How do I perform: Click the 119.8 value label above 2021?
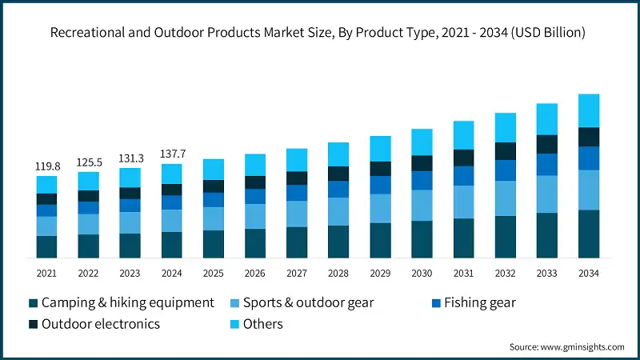tap(46, 166)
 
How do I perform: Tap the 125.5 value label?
tap(88, 162)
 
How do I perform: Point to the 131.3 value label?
tap(130, 158)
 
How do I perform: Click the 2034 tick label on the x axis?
tap(588, 273)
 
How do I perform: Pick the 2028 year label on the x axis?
tap(338, 273)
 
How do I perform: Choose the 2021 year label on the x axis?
tap(46, 273)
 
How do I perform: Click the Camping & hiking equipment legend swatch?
tap(33, 303)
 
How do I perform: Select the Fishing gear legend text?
tap(481, 302)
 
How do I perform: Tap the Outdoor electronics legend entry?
tap(100, 324)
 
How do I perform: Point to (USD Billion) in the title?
tap(545, 33)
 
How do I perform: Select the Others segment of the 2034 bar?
tap(589, 110)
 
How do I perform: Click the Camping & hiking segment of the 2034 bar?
tap(589, 234)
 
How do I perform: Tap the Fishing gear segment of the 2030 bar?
tap(422, 181)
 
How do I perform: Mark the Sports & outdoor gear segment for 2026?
tap(255, 216)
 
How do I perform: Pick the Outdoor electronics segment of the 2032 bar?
tap(506, 151)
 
